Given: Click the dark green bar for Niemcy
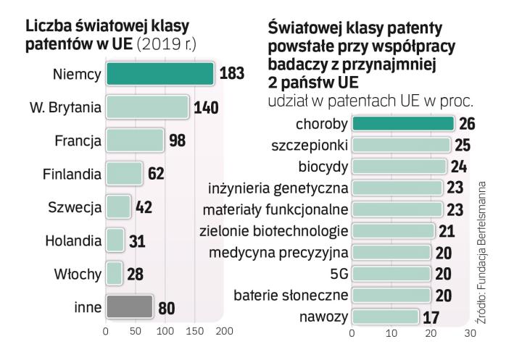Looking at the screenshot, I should [x=159, y=74].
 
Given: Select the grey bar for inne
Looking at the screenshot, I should [x=129, y=306].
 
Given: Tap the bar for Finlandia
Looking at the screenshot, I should [x=124, y=173].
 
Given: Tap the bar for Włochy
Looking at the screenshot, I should [x=114, y=273].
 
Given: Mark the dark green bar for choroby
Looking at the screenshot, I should [x=402, y=124].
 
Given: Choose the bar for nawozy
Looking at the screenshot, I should [x=385, y=317].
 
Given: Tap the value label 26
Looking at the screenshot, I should [x=468, y=124].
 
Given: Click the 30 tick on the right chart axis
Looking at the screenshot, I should [x=470, y=335].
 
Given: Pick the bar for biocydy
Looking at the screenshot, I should [x=398, y=167].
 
